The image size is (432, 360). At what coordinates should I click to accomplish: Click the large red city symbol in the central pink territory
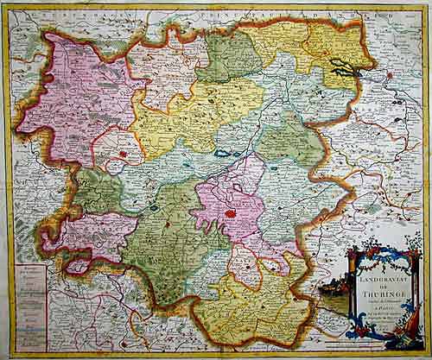[x=230, y=212]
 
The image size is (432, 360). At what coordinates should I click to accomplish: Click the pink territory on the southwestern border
[x=86, y=237]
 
